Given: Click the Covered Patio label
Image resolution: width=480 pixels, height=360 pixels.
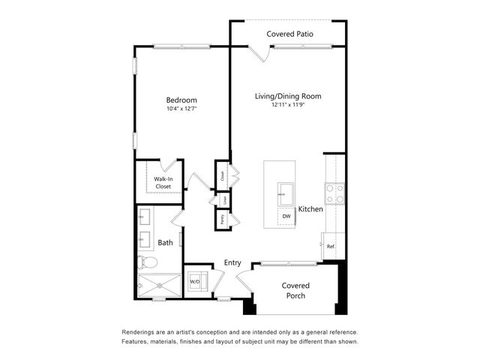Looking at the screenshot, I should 289,34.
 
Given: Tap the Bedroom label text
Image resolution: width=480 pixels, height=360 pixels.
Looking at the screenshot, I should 181,100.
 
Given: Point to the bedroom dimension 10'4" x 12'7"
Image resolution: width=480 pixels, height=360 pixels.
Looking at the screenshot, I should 181,110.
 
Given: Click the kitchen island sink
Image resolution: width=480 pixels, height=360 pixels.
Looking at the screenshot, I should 286,191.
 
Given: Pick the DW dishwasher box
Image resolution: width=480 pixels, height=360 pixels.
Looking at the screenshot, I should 286,217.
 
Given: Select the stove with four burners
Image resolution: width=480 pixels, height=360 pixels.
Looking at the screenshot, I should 334,194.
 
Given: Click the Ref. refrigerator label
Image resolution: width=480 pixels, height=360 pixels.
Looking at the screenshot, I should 331,246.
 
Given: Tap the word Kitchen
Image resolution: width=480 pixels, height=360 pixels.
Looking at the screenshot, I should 310,209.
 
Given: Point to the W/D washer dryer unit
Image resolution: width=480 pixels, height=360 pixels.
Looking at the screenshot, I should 195,282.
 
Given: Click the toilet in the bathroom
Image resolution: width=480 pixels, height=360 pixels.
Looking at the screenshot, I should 147,262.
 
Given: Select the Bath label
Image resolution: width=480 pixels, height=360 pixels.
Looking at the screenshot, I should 165,242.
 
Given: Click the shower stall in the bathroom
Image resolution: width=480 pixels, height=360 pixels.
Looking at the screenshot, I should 159,286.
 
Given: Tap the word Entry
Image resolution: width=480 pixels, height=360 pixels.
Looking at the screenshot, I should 232,262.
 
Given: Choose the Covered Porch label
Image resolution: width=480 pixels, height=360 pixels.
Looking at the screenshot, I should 295,289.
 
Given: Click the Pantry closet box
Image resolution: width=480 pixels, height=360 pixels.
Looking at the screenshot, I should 222,219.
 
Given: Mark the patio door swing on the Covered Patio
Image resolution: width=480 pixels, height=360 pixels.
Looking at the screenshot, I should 259,53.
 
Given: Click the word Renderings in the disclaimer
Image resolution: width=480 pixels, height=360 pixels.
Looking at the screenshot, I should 142,332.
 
